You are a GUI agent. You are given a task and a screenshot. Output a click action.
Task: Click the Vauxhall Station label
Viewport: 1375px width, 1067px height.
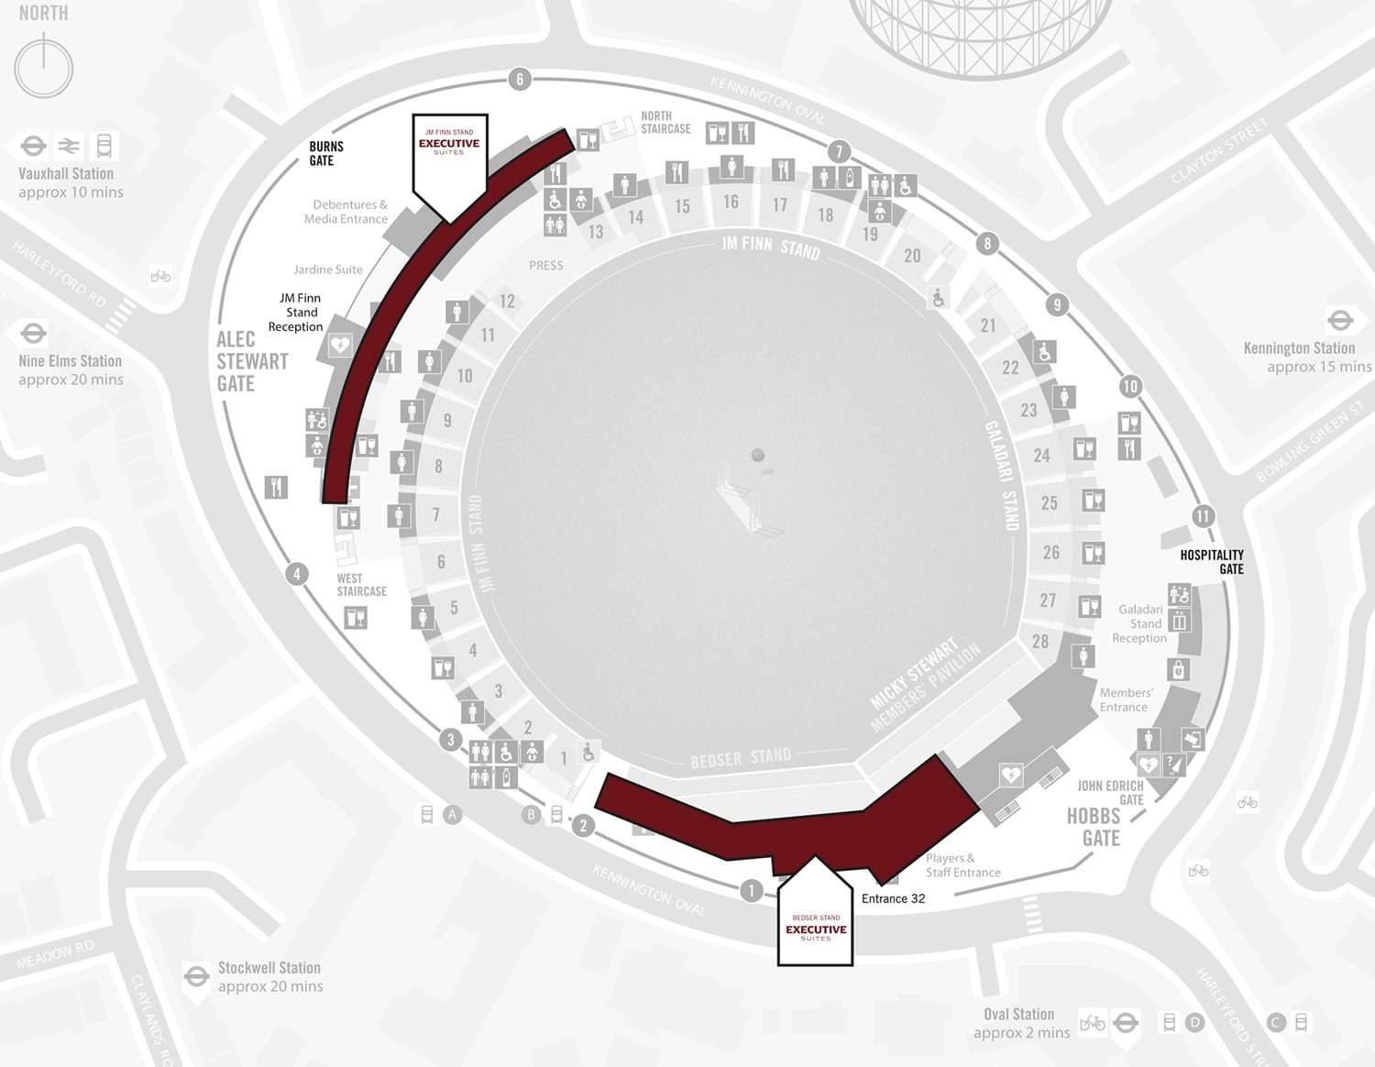tap(66, 174)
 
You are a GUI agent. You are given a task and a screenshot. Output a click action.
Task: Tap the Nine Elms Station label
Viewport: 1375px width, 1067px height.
tap(70, 361)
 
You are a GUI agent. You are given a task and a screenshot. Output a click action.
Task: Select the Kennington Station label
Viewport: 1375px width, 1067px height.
tap(1299, 348)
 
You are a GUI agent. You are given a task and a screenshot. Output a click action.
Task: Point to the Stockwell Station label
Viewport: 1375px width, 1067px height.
tap(269, 968)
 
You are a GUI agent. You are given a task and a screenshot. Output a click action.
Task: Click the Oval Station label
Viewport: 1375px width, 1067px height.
tap(1018, 1015)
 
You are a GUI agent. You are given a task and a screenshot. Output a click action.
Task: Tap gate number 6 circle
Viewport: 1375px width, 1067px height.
tap(520, 79)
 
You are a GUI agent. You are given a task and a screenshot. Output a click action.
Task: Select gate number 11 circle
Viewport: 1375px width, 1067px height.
tap(1203, 516)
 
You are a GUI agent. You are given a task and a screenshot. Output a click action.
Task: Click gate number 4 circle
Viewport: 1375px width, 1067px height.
tap(296, 575)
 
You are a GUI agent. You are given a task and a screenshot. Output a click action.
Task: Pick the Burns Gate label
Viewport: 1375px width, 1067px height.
tap(325, 153)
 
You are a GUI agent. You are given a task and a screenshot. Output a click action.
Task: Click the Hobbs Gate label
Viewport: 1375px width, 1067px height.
tap(1094, 827)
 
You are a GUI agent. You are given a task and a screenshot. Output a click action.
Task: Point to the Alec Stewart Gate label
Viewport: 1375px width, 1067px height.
tap(252, 361)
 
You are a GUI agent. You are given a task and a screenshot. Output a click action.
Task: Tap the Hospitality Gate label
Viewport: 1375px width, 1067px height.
tap(1212, 561)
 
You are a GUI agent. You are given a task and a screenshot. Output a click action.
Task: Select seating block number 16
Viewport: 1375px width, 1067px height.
tap(731, 202)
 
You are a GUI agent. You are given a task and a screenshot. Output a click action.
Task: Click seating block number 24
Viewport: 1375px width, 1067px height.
tap(1041, 455)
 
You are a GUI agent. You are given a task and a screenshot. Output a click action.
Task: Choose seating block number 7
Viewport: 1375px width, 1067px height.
tap(436, 514)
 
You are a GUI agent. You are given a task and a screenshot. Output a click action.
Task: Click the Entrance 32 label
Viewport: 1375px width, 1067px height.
tap(893, 898)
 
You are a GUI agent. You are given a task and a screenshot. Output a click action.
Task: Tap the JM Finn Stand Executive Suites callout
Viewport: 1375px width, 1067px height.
tap(449, 156)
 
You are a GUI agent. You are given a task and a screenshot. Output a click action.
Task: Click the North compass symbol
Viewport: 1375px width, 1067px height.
tap(43, 67)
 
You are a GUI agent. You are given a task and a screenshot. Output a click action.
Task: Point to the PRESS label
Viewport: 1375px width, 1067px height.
tap(545, 266)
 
